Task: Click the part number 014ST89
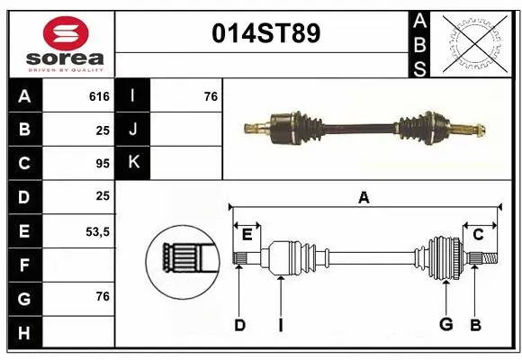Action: [265, 34]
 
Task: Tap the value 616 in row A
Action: [99, 96]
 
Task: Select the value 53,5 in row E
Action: [97, 231]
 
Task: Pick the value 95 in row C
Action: [102, 164]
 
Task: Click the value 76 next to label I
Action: [211, 96]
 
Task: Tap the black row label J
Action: [134, 130]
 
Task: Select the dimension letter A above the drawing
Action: [364, 197]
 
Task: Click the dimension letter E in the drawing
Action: [247, 234]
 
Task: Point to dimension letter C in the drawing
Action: [478, 234]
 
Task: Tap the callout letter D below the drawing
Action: [239, 325]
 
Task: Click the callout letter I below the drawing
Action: [280, 325]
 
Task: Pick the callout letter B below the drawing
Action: [476, 325]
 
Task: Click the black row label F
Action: [23, 265]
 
